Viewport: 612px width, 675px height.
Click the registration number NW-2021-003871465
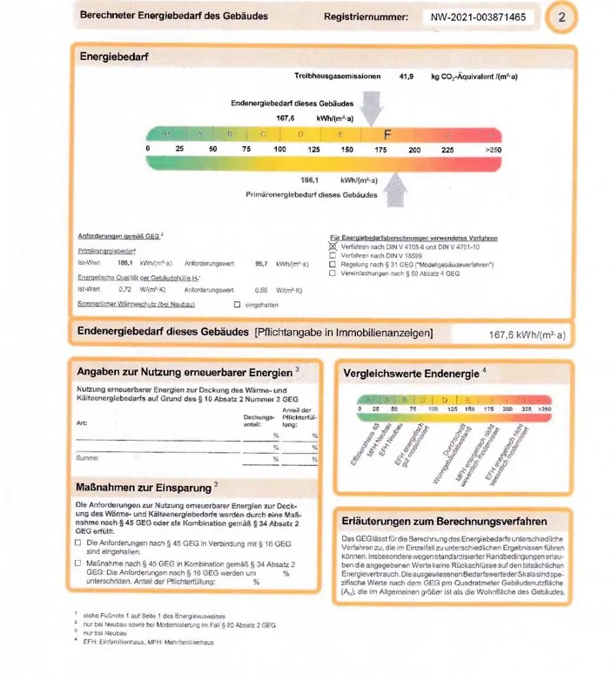coord(478,17)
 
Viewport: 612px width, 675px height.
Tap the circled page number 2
coord(562,17)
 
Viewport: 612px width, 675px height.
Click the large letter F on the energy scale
coord(388,135)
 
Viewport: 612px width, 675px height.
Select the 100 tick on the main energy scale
coord(280,150)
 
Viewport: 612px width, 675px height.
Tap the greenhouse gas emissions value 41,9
coord(407,77)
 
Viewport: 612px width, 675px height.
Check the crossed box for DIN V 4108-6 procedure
coord(332,246)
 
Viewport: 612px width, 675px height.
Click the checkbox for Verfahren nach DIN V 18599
coord(332,255)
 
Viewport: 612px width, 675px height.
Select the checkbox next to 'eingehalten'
coord(236,304)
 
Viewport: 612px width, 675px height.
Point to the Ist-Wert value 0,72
coord(124,289)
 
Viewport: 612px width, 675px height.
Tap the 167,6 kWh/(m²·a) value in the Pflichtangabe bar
coord(527,334)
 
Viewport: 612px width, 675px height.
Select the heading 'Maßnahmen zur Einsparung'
coord(144,485)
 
